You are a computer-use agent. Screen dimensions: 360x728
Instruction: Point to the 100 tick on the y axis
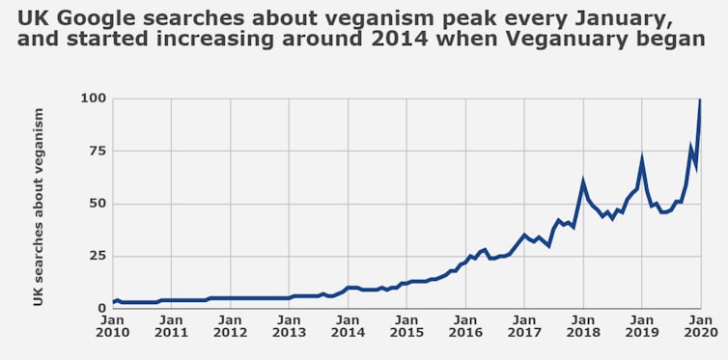tap(93, 98)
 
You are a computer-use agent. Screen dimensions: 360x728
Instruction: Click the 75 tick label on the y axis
tap(97, 151)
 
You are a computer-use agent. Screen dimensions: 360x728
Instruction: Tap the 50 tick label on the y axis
tap(97, 204)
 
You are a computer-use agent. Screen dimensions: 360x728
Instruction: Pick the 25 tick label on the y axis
tap(97, 256)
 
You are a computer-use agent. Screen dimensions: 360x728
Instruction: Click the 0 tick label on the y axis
tap(101, 308)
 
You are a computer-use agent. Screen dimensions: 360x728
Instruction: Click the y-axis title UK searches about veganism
tap(40, 207)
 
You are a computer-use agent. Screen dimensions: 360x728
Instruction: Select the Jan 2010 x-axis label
tap(114, 325)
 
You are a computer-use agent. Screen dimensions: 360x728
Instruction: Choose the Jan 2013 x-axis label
tap(290, 325)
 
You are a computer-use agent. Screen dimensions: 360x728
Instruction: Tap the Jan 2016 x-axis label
tap(465, 325)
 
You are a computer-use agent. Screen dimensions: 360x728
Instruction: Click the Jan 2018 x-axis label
tap(583, 325)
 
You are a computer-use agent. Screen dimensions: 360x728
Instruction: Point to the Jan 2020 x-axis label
tap(700, 325)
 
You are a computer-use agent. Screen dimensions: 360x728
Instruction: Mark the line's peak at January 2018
tap(583, 181)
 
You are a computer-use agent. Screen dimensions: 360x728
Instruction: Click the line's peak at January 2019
tap(642, 158)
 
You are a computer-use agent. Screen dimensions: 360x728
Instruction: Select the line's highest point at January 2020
tap(700, 99)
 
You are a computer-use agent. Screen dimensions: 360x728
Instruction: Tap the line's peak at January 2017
tap(524, 235)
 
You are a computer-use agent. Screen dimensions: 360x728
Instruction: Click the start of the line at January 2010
tap(114, 302)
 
